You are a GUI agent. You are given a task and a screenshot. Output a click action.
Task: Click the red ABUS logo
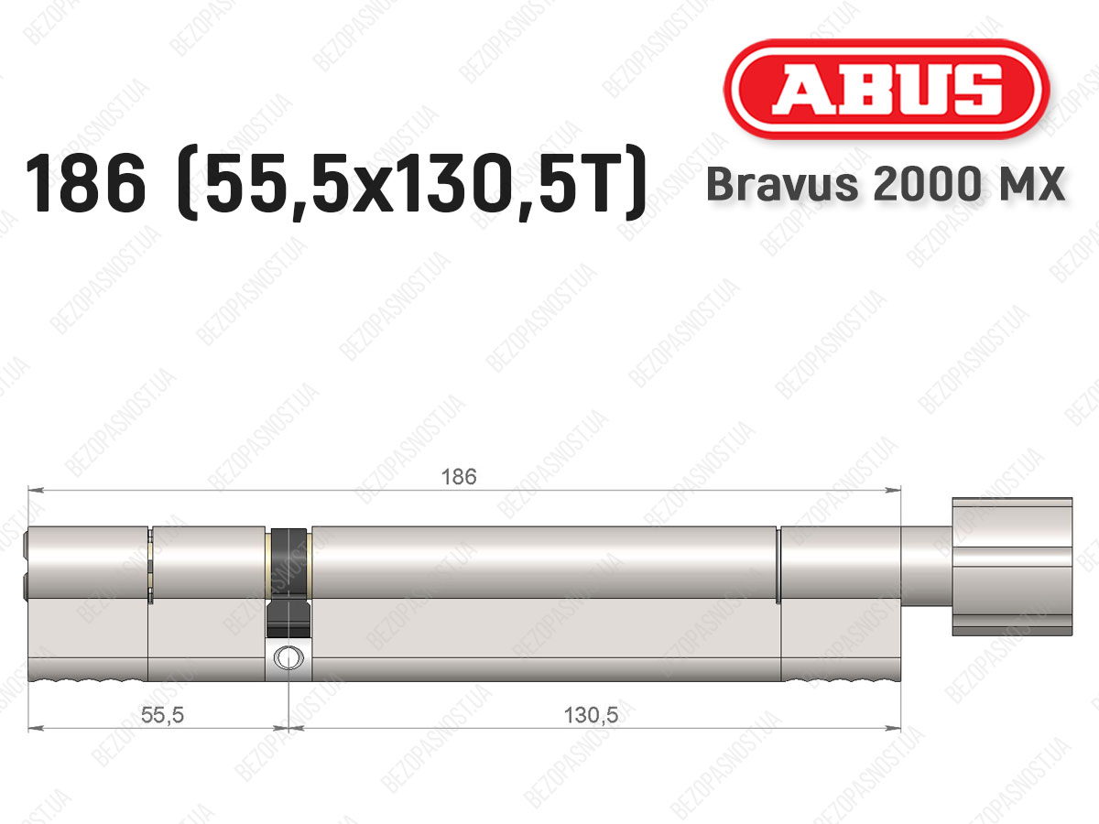(x=887, y=89)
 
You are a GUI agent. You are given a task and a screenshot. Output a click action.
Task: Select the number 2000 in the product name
(x=926, y=184)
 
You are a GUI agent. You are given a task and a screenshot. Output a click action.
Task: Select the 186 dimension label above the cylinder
(x=459, y=477)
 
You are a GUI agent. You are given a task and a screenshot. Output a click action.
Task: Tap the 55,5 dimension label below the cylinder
(x=162, y=715)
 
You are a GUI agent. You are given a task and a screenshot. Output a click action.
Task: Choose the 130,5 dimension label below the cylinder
(x=591, y=715)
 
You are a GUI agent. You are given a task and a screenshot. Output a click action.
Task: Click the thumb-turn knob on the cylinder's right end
(x=1012, y=567)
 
